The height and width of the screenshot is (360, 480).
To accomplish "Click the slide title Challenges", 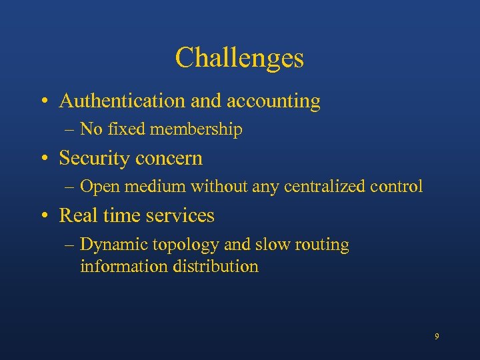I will pos(239,58).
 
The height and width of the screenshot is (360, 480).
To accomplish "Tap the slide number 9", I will pos(437,337).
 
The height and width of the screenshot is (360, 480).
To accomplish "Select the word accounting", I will pos(273,101).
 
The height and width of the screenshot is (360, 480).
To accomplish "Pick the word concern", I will pos(169,158).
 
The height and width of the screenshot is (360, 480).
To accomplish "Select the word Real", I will pos(75,215).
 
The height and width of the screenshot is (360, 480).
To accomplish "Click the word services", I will pos(181,215).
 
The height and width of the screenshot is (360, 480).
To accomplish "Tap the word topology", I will pos(187,245).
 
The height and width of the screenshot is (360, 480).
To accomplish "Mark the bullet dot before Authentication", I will pos(43,102).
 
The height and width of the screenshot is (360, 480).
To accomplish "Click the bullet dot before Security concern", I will pos(43,159).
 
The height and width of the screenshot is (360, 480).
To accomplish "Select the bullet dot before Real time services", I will pos(43,216).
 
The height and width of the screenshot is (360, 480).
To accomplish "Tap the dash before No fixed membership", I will pos(71,130).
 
